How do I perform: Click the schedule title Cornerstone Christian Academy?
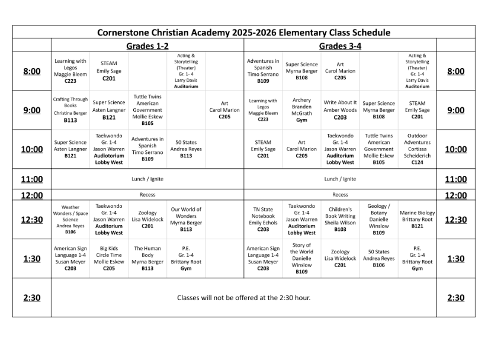(243, 33)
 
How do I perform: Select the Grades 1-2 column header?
(147, 46)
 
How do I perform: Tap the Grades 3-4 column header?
(340, 46)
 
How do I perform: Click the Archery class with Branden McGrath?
(301, 110)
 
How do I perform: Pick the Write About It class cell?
(340, 110)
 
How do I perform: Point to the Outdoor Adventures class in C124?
(417, 149)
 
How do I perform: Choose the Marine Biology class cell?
(417, 219)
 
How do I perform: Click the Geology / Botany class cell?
(378, 219)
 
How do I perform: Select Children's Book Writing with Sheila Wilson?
(340, 219)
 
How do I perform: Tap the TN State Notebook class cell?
(263, 219)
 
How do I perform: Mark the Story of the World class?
(301, 258)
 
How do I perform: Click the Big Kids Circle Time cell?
(109, 258)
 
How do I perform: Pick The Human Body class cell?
(147, 258)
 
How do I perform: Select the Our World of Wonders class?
(186, 219)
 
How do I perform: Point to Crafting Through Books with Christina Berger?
(70, 110)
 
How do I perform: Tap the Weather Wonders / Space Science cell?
(70, 219)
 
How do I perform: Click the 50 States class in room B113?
(186, 149)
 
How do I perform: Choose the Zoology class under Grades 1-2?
(147, 219)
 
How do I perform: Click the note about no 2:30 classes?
(243, 297)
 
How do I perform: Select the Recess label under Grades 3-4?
(340, 194)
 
